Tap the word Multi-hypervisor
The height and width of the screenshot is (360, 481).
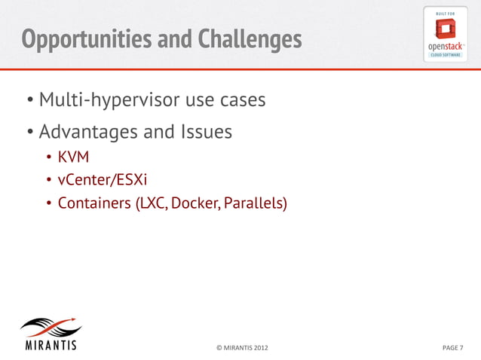[113, 99]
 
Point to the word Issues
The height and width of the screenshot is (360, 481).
[206, 133]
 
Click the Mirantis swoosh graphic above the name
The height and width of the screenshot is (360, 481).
[51, 330]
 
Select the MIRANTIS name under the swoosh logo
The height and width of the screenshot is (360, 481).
[51, 347]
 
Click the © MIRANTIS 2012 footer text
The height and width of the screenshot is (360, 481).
[241, 348]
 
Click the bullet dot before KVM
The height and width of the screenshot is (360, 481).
[47, 158]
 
